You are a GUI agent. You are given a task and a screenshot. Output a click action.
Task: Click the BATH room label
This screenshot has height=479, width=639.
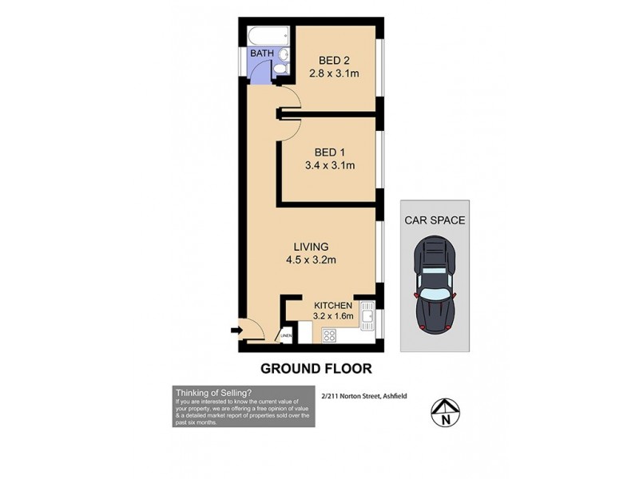[x=262, y=53]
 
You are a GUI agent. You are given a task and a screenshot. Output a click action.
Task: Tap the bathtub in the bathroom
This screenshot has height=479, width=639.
[x=267, y=37]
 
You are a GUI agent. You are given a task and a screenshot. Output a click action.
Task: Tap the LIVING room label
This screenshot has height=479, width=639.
[x=311, y=246]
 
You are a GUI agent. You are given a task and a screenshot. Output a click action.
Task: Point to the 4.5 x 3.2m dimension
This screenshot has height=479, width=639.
[x=311, y=259]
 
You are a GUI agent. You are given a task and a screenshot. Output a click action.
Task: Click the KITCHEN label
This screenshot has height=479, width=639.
[x=334, y=306]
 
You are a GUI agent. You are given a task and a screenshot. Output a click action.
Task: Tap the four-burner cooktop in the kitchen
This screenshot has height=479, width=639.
[x=328, y=336]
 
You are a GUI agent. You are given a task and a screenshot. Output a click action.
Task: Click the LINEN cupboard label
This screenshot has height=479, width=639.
[x=285, y=337]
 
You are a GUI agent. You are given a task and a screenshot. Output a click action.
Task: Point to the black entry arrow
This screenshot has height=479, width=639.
[x=237, y=329]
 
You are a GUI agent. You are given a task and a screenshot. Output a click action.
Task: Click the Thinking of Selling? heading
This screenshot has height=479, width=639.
[x=212, y=392]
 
